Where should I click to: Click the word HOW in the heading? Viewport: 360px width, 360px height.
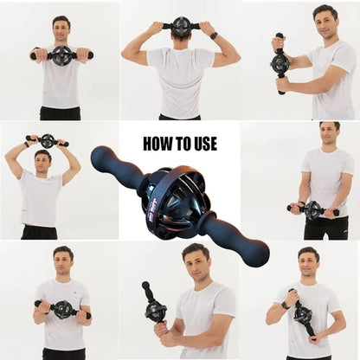(x=157, y=144)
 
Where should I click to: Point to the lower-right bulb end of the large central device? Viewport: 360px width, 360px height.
(x=256, y=253)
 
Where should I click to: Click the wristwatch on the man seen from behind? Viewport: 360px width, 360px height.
(x=214, y=35)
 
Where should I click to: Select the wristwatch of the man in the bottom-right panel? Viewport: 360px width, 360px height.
(x=285, y=305)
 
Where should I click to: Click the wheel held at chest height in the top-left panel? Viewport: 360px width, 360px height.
(x=62, y=55)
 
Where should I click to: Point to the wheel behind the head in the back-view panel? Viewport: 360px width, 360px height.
(x=181, y=26)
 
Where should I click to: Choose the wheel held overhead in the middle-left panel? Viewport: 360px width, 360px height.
(x=47, y=140)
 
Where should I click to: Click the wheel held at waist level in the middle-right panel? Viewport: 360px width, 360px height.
(x=312, y=209)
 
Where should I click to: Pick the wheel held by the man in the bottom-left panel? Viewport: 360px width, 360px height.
(x=62, y=310)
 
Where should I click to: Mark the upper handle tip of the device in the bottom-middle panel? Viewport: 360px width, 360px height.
(x=145, y=285)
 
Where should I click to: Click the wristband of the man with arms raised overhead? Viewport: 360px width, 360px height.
(x=27, y=145)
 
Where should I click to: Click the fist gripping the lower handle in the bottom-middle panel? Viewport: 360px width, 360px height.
(x=161, y=329)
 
